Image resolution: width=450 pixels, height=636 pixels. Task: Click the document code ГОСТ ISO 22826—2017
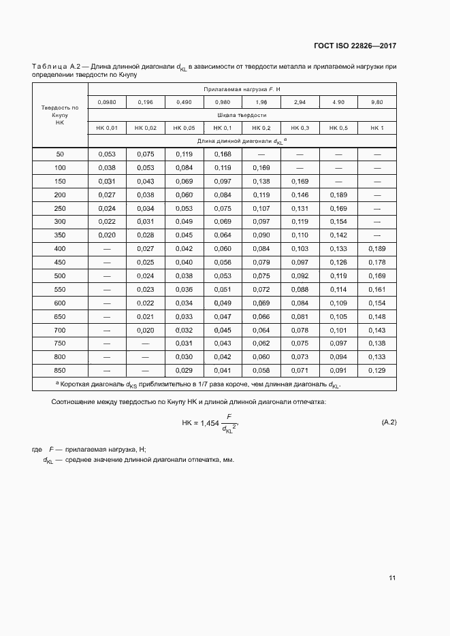pos(355,46)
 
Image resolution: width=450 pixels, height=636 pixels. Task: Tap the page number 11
pos(392,578)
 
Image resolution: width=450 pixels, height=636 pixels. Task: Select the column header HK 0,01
pos(107,128)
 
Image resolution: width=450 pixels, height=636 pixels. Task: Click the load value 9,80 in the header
pos(377,102)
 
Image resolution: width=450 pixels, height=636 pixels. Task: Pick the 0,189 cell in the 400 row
pos(377,248)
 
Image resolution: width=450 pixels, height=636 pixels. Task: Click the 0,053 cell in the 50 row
pos(107,154)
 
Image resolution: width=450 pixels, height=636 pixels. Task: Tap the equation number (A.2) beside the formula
pos(389,422)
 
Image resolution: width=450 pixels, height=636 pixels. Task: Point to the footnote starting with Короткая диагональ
pos(197,384)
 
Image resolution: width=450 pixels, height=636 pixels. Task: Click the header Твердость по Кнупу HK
pos(60,114)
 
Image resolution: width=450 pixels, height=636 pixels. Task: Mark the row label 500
pos(60,275)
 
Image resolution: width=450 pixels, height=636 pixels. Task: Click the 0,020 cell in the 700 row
pos(146,329)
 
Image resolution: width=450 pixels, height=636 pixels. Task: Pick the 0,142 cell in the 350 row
pos(338,235)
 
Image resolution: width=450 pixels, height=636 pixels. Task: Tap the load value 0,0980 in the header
pos(107,102)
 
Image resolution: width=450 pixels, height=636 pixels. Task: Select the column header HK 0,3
pos(300,128)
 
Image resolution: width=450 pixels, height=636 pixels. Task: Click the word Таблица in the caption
pos(49,67)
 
